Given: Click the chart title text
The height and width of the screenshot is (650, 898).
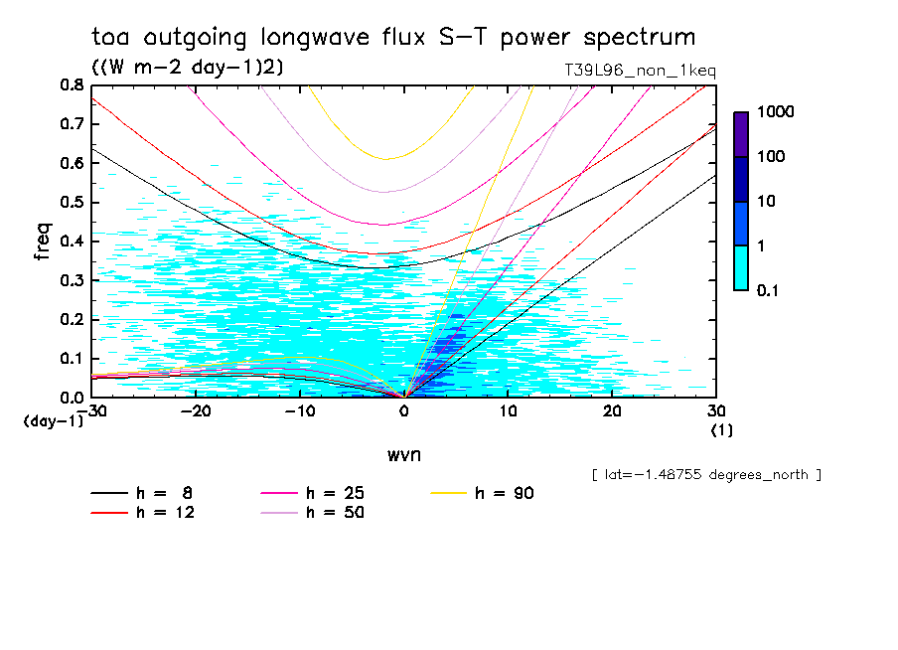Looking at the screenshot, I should click(x=393, y=38).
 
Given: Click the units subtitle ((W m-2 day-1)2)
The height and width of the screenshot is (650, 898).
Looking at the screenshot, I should click(x=188, y=68).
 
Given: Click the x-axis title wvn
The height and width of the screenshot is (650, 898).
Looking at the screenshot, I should click(x=403, y=455).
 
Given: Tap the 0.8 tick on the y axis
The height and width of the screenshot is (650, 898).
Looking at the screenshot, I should click(x=72, y=85).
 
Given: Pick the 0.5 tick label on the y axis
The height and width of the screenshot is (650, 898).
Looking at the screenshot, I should click(x=72, y=203).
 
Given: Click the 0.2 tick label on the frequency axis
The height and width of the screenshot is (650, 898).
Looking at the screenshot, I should click(x=72, y=319).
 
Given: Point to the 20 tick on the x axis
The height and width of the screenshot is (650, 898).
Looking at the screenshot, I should click(x=611, y=410).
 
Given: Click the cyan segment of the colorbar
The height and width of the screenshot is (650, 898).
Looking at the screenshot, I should click(x=741, y=267).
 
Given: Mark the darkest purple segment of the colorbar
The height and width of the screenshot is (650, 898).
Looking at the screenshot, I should click(x=741, y=134).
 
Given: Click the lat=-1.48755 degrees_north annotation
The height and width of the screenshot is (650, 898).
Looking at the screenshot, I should click(x=705, y=475).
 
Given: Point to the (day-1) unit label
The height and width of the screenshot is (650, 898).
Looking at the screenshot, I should click(x=54, y=421).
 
